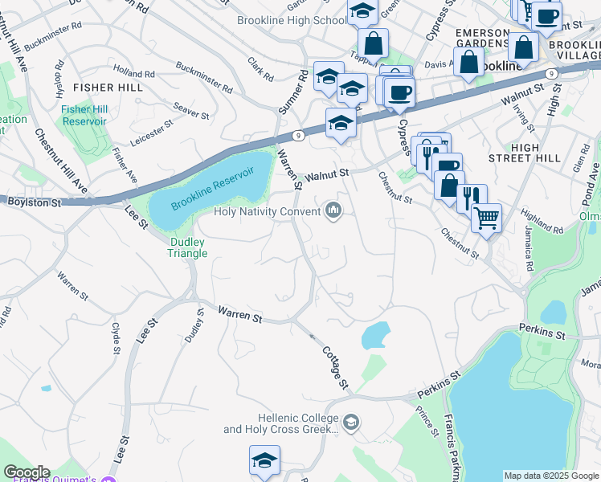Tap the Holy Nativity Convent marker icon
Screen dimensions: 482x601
tap(333, 212)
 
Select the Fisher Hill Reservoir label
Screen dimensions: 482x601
tap(84, 115)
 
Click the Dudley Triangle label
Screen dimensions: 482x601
tap(188, 247)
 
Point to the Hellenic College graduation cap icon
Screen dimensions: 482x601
tap(350, 422)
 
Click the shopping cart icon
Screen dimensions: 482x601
tap(486, 216)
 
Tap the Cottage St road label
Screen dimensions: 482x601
tap(335, 369)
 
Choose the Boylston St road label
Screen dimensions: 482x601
tap(35, 204)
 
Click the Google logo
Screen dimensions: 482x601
tap(27, 472)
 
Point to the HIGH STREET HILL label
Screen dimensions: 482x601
tap(536, 153)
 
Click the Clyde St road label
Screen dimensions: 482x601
tap(116, 338)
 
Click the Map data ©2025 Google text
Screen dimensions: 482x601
tap(550, 476)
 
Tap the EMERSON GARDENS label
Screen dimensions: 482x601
tap(482, 38)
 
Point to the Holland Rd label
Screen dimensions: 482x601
tap(133, 73)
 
